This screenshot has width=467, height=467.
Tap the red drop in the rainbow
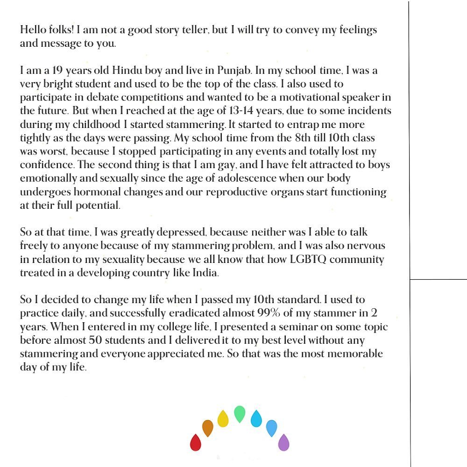[195, 442]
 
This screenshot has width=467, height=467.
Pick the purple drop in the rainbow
[283, 442]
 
